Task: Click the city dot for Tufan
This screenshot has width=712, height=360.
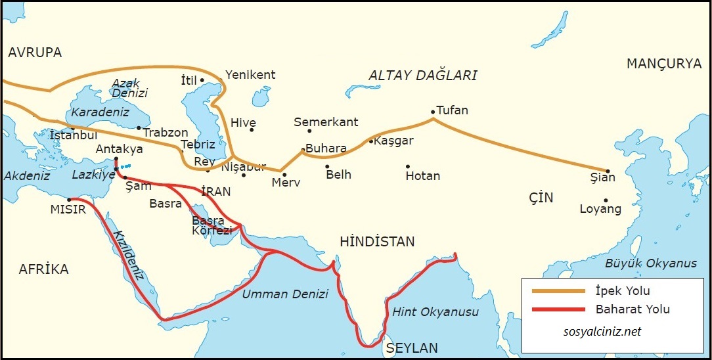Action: click(x=433, y=112)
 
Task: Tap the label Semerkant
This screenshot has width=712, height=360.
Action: click(x=326, y=122)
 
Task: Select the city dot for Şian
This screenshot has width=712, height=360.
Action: click(x=608, y=171)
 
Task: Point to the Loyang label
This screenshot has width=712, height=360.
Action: click(x=600, y=209)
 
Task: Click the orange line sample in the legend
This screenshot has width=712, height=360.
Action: click(x=558, y=290)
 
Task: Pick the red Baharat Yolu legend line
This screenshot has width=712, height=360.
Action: click(x=558, y=309)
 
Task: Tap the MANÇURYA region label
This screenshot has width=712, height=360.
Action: click(x=664, y=64)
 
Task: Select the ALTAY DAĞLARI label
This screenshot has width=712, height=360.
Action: click(x=422, y=76)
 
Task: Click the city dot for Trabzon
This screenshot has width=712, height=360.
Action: click(x=139, y=128)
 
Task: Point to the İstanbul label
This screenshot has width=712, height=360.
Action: click(x=74, y=135)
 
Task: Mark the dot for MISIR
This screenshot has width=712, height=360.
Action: click(x=69, y=200)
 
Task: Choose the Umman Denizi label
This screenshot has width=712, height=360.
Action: click(x=285, y=294)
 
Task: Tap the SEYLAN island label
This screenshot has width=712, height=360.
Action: click(x=412, y=348)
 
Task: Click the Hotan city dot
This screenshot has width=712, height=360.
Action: click(x=408, y=166)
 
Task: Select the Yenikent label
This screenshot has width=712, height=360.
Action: click(x=250, y=75)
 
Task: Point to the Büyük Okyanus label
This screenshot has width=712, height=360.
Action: click(x=651, y=263)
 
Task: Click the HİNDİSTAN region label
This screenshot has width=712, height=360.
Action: click(x=377, y=242)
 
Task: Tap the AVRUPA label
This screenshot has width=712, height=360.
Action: click(x=35, y=53)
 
